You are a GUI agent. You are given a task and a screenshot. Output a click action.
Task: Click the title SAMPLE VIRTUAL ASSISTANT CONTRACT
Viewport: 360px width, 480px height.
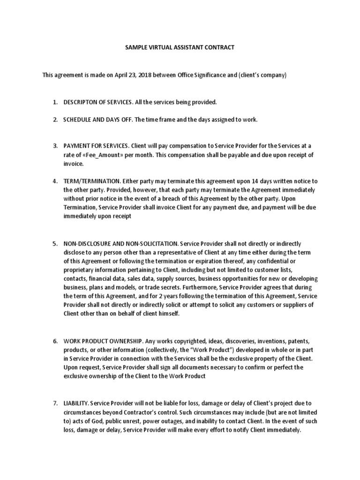180,48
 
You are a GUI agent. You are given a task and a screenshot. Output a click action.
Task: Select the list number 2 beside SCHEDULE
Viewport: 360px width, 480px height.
55,120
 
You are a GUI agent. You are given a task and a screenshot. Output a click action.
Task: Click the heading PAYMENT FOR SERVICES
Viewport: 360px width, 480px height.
96,146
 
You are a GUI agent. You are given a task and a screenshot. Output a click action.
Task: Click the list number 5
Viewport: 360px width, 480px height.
55,244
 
